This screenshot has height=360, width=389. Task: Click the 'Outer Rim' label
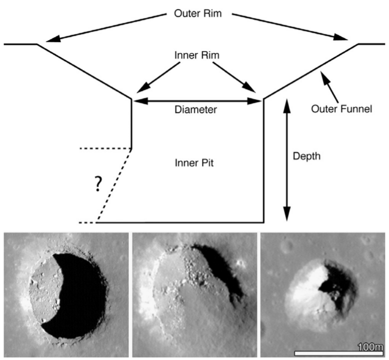click(x=194, y=13)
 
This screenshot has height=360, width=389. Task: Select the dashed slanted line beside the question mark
click(x=114, y=185)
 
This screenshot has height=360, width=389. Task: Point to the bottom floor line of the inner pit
click(x=180, y=221)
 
